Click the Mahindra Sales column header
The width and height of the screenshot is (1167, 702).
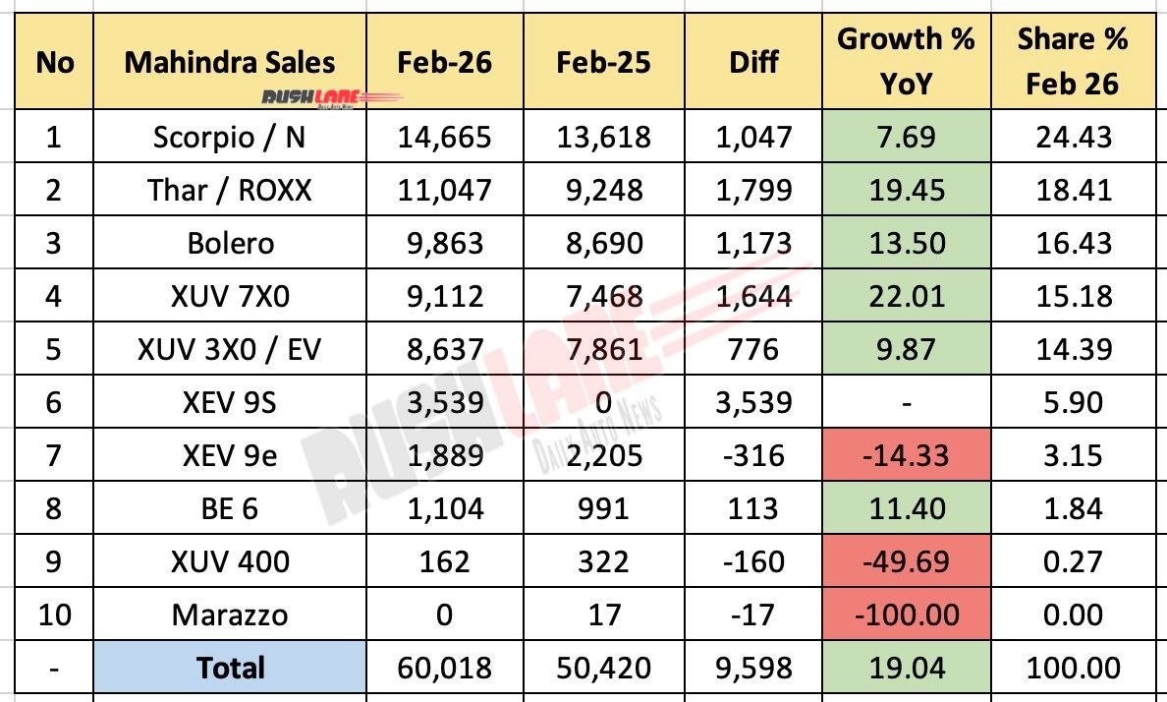coord(230,61)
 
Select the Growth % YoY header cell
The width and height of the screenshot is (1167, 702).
coord(905,61)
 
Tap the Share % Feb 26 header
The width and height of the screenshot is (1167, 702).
coord(1072,61)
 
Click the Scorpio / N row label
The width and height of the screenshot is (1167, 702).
coord(230,136)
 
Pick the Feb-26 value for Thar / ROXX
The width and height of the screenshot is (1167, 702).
coord(444,189)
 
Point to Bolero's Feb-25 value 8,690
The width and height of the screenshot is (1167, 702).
coord(603,242)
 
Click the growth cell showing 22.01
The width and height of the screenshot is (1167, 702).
coord(905,295)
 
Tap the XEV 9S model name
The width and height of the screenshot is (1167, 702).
coord(230,401)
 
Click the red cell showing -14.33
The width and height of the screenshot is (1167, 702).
coord(905,455)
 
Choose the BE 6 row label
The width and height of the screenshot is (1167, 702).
coord(230,508)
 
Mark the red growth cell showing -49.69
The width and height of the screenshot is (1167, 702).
coord(905,561)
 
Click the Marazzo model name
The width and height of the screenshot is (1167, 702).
coord(230,614)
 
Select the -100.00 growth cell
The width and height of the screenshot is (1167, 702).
coord(905,614)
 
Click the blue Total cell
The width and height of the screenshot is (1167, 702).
coord(230,669)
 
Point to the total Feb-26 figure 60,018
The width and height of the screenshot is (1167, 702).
coord(444,669)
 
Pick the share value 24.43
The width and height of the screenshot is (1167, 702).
coord(1072,136)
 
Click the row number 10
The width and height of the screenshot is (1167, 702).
coord(54,614)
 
